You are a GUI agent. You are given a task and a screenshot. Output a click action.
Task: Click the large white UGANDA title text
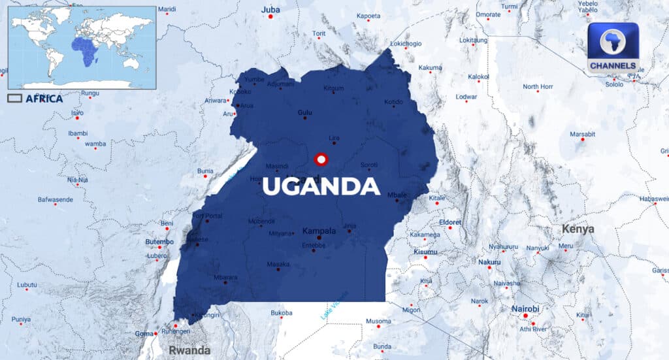[x=321, y=186]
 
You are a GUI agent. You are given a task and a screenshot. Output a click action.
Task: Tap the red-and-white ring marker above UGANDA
[x=320, y=159]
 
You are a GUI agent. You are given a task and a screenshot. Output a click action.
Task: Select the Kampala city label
[x=319, y=231]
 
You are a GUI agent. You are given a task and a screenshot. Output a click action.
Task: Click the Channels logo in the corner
[x=612, y=47]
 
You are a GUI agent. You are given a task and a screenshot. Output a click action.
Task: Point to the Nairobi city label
[x=526, y=308]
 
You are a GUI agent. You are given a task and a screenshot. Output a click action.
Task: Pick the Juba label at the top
[x=270, y=10]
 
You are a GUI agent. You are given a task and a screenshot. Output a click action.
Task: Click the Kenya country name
[x=578, y=229]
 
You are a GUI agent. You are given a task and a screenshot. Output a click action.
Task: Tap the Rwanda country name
[x=189, y=350]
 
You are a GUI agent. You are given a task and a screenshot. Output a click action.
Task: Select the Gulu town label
[x=305, y=112]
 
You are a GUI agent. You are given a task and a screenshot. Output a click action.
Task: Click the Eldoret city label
[x=450, y=222]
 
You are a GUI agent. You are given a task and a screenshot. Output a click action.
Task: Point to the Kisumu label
[x=426, y=252]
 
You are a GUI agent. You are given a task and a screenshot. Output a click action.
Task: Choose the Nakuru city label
[x=489, y=262]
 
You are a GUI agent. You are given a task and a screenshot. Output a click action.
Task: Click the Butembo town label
[x=159, y=242]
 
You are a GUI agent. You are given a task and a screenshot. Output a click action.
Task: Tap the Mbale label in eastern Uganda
[x=397, y=195]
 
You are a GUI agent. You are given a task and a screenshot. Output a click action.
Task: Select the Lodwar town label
[x=466, y=97]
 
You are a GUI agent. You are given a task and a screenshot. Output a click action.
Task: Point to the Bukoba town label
[x=282, y=313]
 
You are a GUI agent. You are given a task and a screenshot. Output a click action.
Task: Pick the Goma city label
[x=143, y=333]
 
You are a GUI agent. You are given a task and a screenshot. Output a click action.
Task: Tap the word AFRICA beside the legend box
[x=44, y=99]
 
